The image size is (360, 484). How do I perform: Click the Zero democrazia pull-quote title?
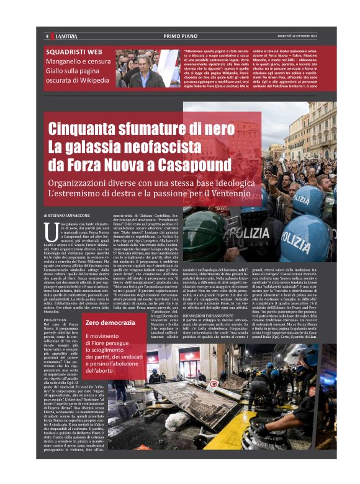tap(111, 323)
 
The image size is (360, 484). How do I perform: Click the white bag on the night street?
tap(171, 421)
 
